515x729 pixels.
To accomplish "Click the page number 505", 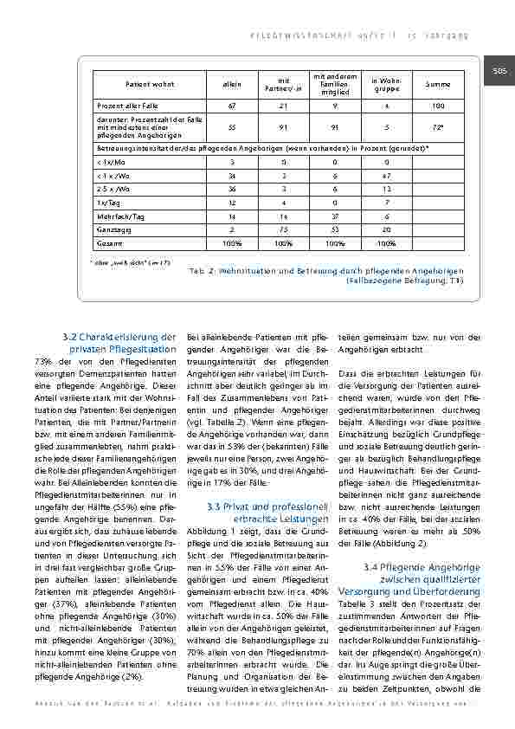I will click(x=500, y=71).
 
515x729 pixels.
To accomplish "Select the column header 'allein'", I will click(x=232, y=84).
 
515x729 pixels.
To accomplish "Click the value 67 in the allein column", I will click(x=232, y=106).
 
